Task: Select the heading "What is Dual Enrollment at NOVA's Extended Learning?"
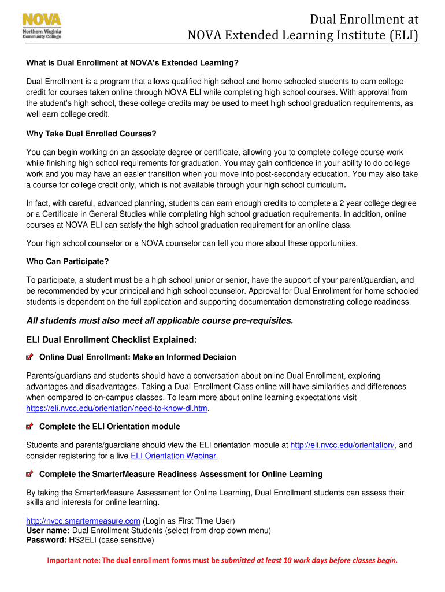coord(132,63)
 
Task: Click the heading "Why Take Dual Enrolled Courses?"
coord(91,134)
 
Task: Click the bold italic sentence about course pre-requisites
coord(160,321)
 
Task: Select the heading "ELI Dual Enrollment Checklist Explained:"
coord(112,339)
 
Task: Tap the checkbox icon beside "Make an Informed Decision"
coord(30,357)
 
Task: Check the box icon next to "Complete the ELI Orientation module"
coord(30,427)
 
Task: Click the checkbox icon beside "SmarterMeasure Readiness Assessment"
coord(30,475)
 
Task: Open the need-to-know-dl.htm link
coord(116,408)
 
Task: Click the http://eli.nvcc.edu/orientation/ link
coord(342,445)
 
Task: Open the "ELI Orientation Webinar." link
coord(175,456)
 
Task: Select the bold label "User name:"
coord(48,531)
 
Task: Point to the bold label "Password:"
coord(47,541)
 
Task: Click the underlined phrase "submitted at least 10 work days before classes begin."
coord(309,560)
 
